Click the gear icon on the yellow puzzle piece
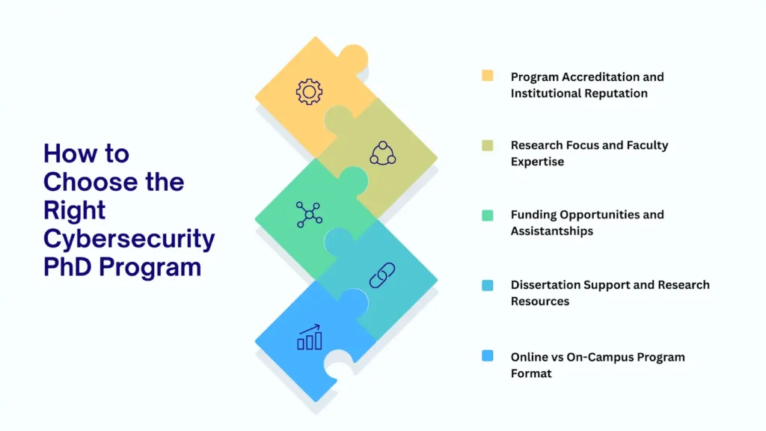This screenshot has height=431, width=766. click(x=309, y=91)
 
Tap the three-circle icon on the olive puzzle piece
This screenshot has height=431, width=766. click(x=382, y=153)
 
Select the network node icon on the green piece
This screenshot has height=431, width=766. click(x=309, y=214)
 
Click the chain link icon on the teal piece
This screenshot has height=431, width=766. click(x=382, y=275)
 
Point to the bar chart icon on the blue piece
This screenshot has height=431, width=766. click(x=309, y=337)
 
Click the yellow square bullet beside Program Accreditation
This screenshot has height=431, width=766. click(x=488, y=76)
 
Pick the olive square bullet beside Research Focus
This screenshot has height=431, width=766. click(x=488, y=145)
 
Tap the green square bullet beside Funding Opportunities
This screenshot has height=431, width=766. click(x=488, y=215)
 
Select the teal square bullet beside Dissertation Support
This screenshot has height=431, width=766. click(x=488, y=285)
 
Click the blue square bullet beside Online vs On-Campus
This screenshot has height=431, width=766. click(x=488, y=355)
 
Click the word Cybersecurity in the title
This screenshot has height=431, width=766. click(x=129, y=239)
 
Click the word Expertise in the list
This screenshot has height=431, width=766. click(x=537, y=162)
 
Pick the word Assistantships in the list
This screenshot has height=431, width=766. click(x=552, y=231)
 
